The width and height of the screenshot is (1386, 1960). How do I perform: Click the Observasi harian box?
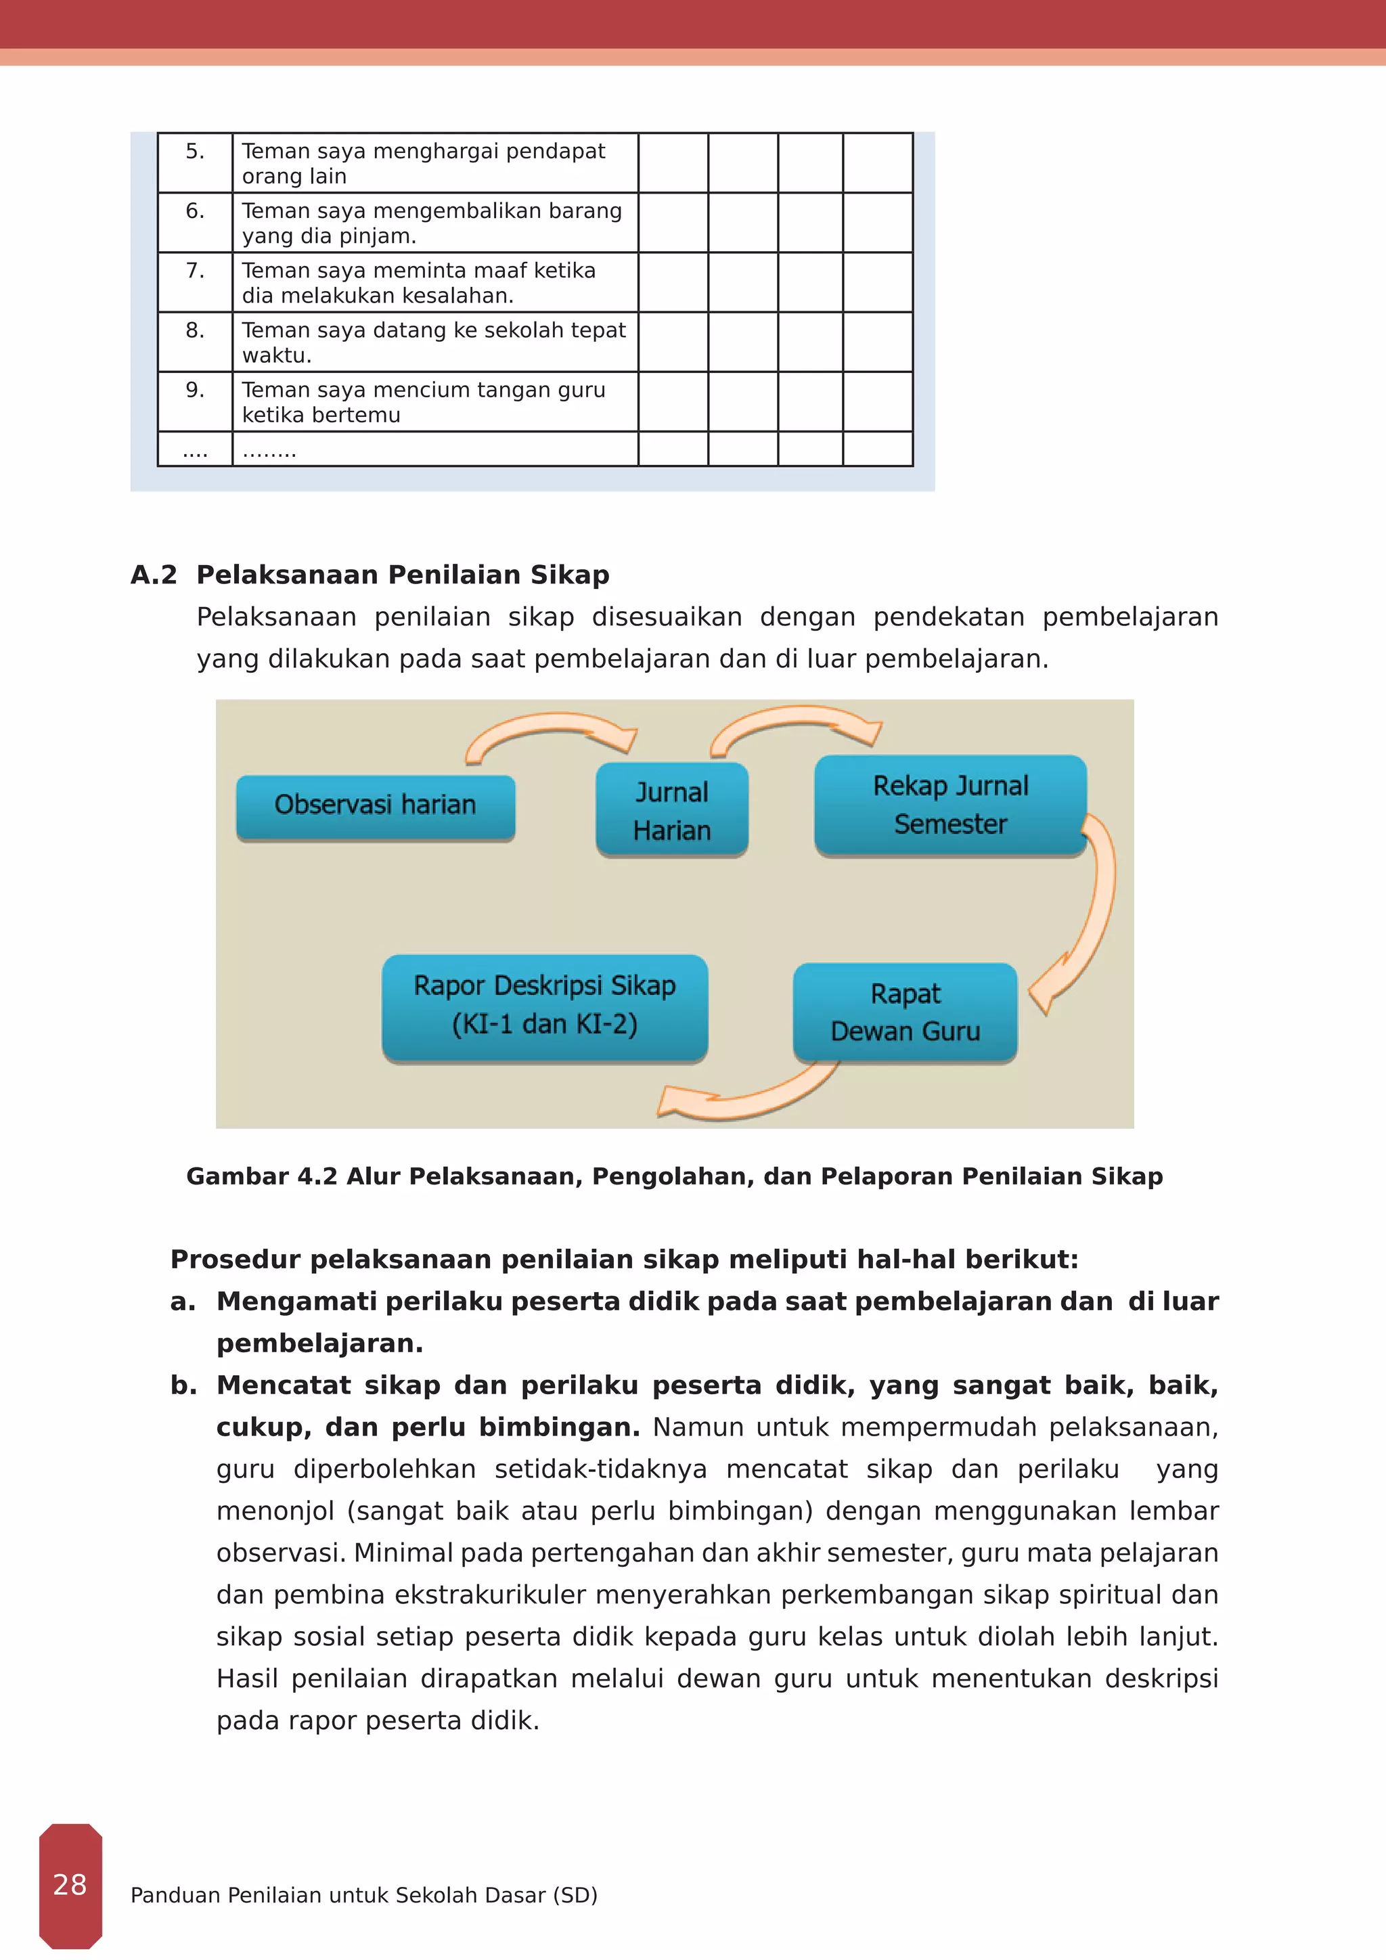click(376, 806)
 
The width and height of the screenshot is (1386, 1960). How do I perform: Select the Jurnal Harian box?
click(671, 810)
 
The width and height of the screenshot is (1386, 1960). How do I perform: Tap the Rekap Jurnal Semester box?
click(950, 804)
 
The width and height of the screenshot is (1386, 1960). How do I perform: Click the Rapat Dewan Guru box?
click(905, 1012)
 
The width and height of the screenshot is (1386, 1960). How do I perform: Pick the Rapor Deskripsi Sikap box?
click(545, 1006)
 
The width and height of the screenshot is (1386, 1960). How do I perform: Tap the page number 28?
click(70, 1884)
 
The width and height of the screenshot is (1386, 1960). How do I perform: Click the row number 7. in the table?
click(195, 271)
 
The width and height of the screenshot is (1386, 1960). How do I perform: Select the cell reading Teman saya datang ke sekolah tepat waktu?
click(434, 342)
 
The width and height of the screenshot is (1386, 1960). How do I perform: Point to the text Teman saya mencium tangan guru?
click(423, 390)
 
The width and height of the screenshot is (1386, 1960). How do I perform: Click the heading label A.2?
click(154, 575)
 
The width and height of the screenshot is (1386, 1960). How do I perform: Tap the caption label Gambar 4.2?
click(262, 1176)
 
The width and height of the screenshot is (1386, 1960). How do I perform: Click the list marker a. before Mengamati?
click(183, 1302)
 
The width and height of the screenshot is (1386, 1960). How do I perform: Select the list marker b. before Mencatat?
click(183, 1385)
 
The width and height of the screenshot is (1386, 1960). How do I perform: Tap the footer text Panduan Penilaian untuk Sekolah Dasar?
click(363, 1895)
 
